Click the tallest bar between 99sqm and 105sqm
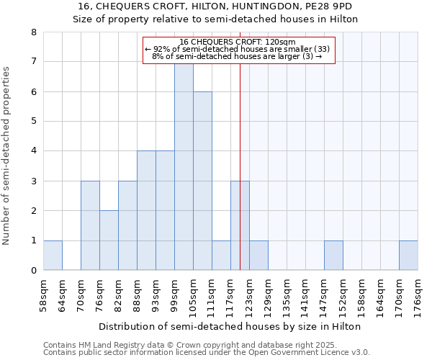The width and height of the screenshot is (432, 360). [184, 166]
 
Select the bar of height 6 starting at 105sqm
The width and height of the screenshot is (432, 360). [202, 181]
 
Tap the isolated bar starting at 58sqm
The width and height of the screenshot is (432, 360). [53, 256]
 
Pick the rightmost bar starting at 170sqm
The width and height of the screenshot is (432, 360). [408, 256]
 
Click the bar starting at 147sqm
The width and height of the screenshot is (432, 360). [333, 256]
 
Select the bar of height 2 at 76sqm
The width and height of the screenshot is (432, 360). [109, 240]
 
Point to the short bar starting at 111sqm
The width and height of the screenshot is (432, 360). [221, 256]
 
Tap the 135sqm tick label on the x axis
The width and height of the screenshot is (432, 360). [287, 296]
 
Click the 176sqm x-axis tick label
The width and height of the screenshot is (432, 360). [418, 296]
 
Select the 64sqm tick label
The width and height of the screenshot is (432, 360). [62, 296]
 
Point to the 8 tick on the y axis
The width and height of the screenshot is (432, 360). [34, 32]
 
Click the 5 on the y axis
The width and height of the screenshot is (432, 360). [34, 122]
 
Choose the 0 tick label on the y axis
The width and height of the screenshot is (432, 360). [34, 271]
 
